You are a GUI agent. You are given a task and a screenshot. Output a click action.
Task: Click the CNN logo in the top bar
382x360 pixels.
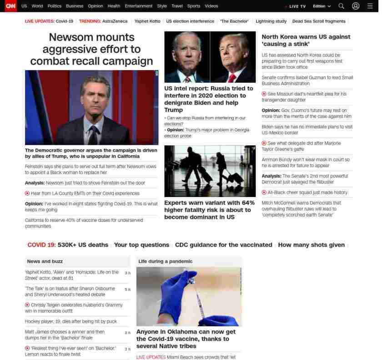click(x=10, y=6)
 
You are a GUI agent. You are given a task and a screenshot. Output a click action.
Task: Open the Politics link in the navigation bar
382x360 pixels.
click(x=54, y=6)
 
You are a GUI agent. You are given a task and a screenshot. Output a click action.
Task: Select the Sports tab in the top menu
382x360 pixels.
click(x=193, y=6)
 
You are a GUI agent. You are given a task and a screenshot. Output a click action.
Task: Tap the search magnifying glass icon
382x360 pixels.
click(x=341, y=6)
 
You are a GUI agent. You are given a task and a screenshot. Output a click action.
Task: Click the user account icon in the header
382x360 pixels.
click(x=356, y=6)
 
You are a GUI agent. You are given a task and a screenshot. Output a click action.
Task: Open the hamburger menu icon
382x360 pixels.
click(x=370, y=6)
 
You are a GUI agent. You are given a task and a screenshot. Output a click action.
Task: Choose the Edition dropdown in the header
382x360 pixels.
click(x=322, y=6)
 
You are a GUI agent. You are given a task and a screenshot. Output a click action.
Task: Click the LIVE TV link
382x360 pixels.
click(x=297, y=6)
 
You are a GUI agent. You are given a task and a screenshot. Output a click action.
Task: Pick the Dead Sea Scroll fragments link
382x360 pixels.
click(x=319, y=21)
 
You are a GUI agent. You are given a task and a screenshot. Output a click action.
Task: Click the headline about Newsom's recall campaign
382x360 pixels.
click(x=91, y=49)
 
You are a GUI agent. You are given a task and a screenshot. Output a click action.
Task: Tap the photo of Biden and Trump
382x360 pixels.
click(x=210, y=57)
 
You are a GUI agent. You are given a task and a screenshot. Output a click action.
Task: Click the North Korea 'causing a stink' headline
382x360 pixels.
click(x=306, y=40)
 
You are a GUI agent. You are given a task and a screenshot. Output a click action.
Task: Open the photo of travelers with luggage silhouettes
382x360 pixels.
click(x=210, y=171)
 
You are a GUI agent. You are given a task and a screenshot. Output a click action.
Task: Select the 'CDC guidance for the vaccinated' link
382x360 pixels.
click(x=223, y=245)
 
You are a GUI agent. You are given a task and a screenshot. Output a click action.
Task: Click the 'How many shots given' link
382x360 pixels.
click(x=311, y=245)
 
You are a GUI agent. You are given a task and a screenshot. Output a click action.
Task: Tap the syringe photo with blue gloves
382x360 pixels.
click(x=189, y=296)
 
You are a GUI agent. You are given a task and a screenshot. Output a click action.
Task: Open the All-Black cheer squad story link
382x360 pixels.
click(x=307, y=193)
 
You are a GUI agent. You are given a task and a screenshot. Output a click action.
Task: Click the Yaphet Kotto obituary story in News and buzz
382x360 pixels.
click(x=72, y=275)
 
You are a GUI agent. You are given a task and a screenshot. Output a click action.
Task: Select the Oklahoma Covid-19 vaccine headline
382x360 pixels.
click(x=186, y=339)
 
